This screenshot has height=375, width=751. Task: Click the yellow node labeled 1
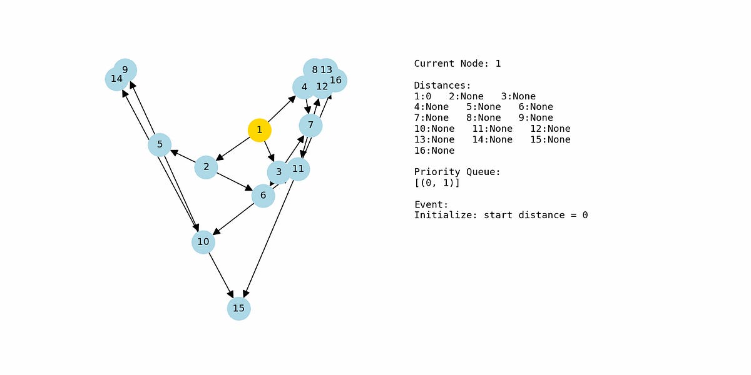[259, 130]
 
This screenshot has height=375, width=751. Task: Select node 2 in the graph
[206, 167]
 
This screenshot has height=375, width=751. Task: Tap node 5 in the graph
[160, 145]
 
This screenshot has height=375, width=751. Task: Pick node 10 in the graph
[203, 242]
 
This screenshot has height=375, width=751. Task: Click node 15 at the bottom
[238, 308]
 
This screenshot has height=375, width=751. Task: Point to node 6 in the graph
[263, 196]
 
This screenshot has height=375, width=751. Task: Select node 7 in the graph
[310, 126]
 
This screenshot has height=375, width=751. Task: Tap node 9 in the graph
[126, 69]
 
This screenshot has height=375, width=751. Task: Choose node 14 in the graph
[116, 79]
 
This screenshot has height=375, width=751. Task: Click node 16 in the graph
[336, 80]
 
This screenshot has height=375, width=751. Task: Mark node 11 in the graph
[299, 169]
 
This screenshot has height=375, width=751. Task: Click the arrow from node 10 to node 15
[221, 275]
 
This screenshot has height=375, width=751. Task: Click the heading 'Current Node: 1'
[457, 64]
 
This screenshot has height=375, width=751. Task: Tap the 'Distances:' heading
[442, 86]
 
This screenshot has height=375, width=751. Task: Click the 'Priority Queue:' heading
[457, 172]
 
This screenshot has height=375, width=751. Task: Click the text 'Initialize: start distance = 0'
[501, 216]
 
